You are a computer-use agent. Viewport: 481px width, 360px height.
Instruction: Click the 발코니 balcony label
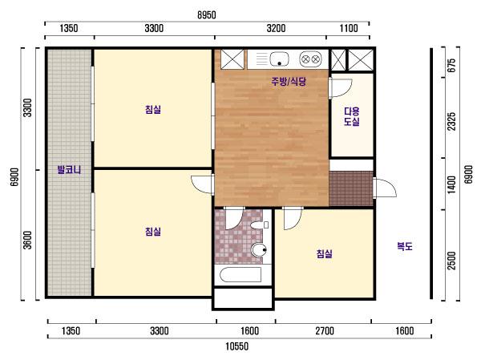69,169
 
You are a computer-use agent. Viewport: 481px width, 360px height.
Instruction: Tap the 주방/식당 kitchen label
289,81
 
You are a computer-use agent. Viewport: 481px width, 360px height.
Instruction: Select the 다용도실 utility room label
352,116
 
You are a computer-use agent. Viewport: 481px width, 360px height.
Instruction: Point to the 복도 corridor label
405,246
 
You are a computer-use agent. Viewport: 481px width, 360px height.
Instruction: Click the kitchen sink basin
279,59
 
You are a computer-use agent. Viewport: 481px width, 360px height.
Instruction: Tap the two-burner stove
310,59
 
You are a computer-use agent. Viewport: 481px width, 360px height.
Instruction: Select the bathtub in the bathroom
240,274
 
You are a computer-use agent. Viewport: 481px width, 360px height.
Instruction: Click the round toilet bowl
259,250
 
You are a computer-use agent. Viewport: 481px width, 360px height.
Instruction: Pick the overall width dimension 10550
236,346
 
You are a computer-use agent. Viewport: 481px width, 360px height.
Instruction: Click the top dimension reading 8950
207,15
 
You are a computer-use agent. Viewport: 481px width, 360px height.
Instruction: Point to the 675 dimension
451,65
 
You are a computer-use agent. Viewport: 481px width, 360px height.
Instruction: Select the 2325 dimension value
451,121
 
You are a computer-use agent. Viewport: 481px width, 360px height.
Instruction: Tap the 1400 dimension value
451,184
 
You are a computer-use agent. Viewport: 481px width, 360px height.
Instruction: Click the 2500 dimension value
451,261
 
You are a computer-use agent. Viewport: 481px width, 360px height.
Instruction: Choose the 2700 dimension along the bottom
325,331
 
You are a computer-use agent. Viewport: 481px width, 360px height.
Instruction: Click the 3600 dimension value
27,240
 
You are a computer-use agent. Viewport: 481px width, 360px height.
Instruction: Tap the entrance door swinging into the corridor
385,187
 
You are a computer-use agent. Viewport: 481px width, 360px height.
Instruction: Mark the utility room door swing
340,88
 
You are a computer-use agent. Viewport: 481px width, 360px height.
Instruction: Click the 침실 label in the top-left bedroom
153,109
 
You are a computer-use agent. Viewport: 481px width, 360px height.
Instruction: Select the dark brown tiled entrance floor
351,188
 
